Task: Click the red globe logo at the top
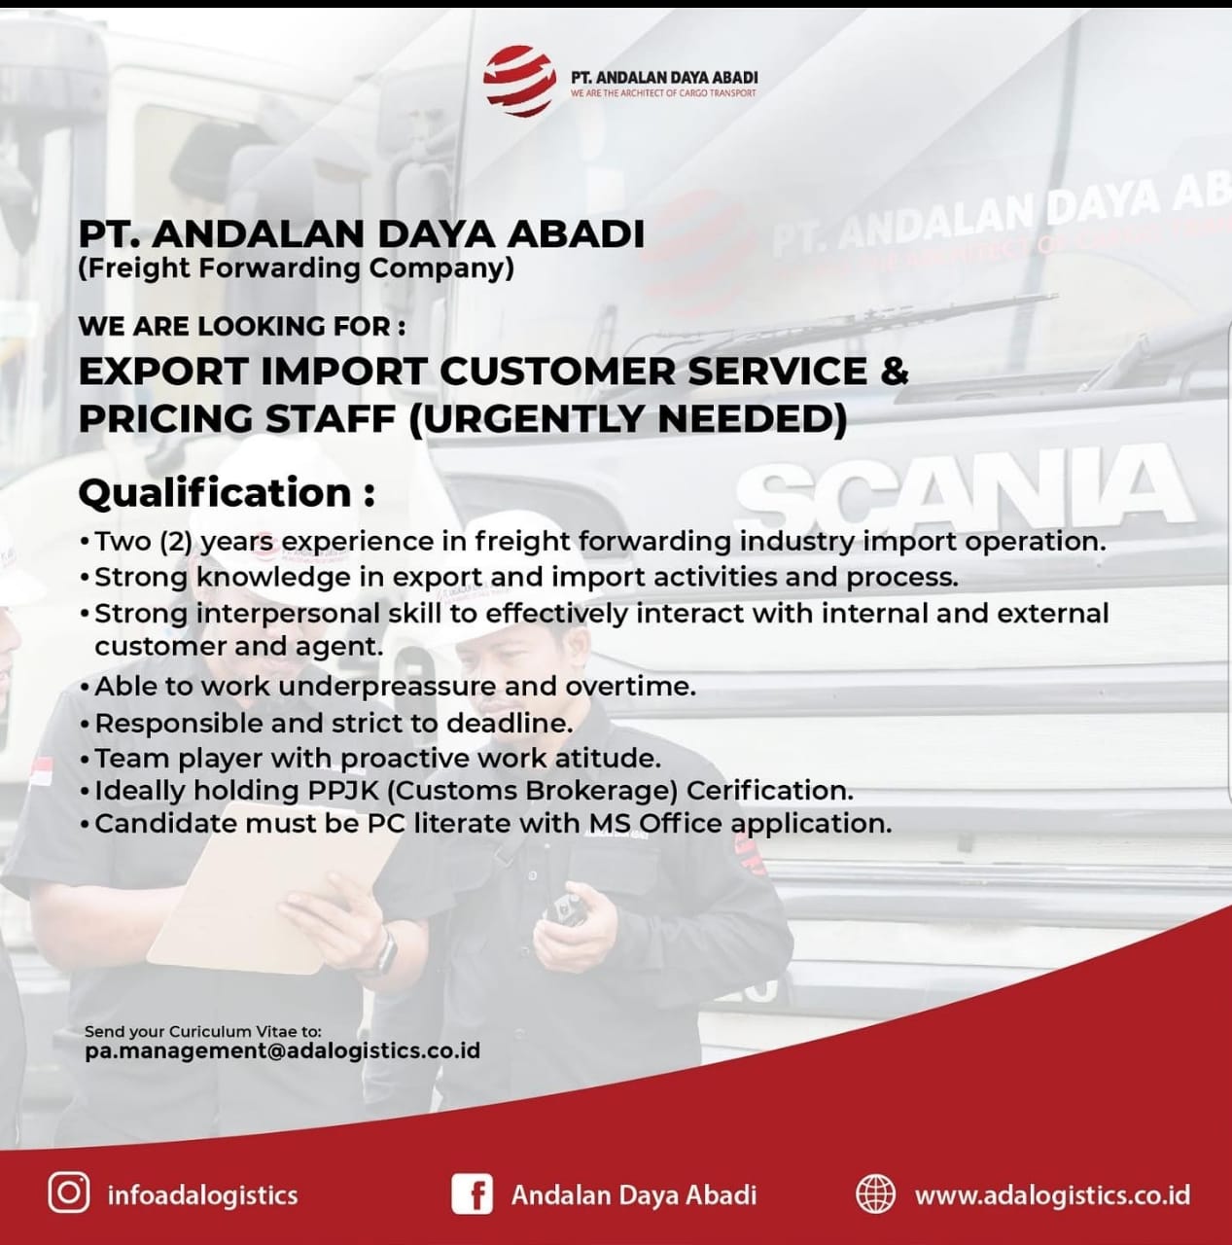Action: (x=519, y=81)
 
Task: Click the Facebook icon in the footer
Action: (x=472, y=1193)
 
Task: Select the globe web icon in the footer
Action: (x=875, y=1193)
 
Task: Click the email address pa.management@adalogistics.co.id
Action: (x=282, y=1050)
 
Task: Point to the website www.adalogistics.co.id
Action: (x=1052, y=1194)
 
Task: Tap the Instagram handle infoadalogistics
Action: (x=203, y=1194)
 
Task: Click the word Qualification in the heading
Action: (x=215, y=493)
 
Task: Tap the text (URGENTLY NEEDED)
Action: (x=627, y=418)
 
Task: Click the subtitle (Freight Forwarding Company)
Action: (x=296, y=268)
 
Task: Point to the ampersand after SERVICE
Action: (x=894, y=371)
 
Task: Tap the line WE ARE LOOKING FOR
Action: (x=241, y=326)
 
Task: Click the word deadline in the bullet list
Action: (x=510, y=723)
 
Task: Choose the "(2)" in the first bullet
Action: (x=176, y=542)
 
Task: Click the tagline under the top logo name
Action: (x=663, y=93)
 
